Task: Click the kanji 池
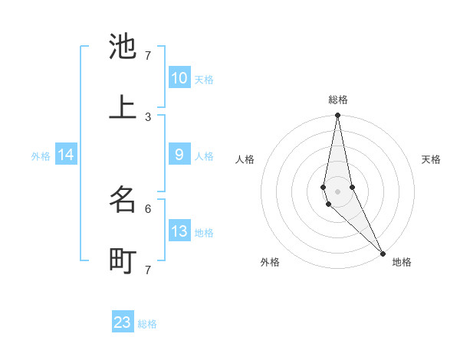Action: click(123, 47)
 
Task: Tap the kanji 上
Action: click(123, 108)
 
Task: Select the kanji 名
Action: click(123, 200)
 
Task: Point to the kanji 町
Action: click(123, 261)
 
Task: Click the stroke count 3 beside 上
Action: click(148, 117)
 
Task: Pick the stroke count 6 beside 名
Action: click(148, 208)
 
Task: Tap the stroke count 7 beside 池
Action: click(148, 56)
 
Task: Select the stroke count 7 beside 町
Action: click(148, 270)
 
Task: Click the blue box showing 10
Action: click(179, 77)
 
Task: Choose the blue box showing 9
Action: click(179, 154)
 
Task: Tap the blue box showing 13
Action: click(179, 231)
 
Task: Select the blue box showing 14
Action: click(66, 155)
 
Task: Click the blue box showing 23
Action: click(123, 322)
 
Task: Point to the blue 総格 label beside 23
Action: click(147, 324)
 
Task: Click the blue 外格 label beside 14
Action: click(41, 156)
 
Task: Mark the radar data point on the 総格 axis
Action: click(337, 116)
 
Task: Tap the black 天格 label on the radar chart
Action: click(431, 159)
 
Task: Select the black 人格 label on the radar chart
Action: click(245, 159)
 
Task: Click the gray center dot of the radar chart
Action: click(337, 191)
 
